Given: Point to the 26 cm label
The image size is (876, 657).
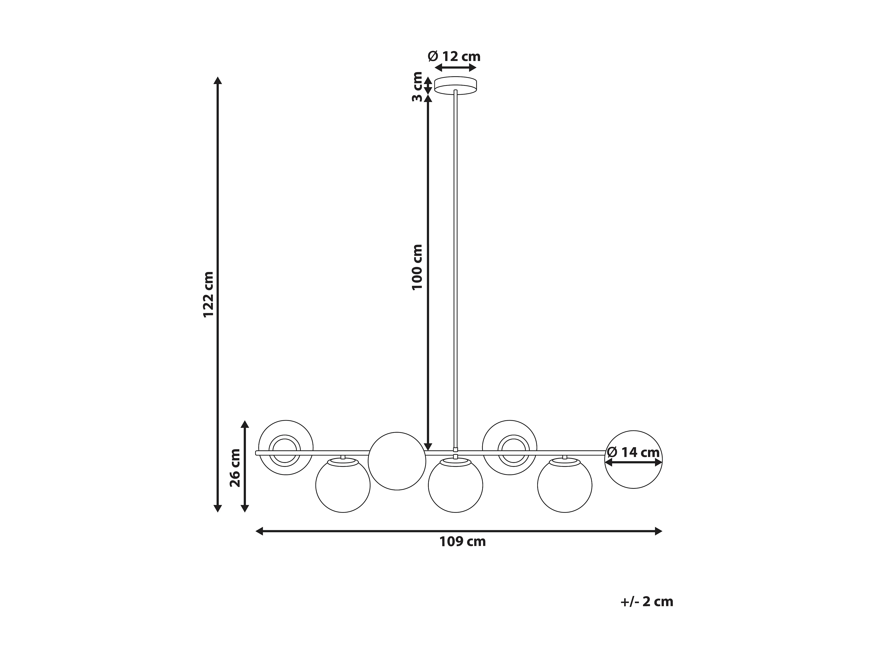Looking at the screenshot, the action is click(235, 468).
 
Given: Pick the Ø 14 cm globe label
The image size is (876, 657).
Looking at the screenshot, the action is click(633, 452).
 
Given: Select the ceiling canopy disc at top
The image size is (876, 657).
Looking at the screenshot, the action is click(456, 85).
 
